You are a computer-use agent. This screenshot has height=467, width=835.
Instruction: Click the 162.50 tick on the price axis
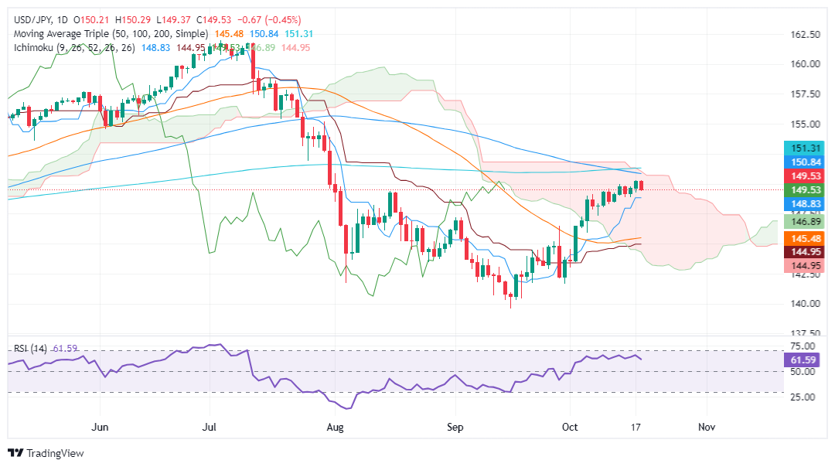coord(806,34)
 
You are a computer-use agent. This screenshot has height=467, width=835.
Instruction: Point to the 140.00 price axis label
coord(806,303)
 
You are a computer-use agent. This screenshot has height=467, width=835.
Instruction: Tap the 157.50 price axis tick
coord(806,94)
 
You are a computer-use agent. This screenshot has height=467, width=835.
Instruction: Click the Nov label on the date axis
coord(705,426)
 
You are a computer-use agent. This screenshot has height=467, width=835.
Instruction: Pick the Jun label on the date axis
coord(99,426)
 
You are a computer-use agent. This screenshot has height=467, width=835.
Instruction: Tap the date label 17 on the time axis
coord(636,426)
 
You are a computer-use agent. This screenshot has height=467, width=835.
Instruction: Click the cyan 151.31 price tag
coord(806,147)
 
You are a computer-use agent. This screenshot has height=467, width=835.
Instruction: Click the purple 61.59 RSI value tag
coord(806,360)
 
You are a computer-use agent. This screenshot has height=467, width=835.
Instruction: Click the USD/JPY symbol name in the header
coord(29,19)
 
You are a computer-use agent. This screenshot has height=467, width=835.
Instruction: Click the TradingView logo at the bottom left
coord(46,453)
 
